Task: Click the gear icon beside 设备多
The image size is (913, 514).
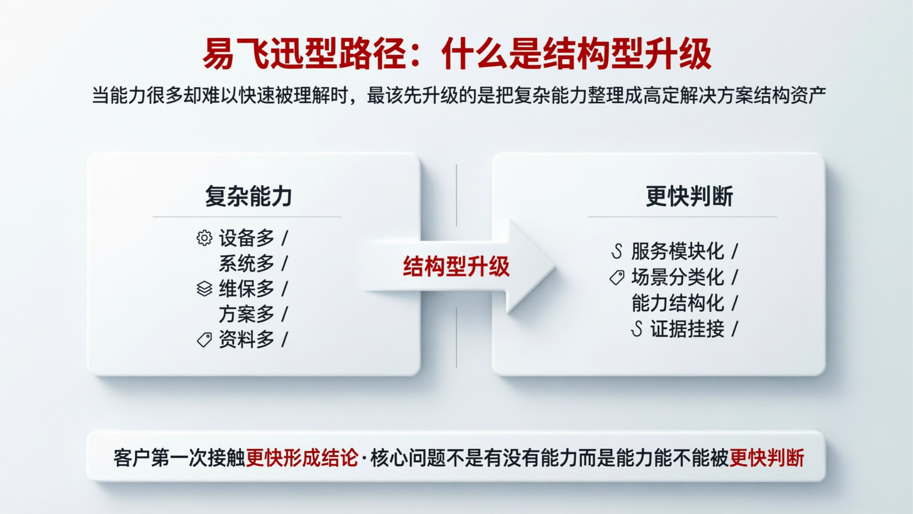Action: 204,238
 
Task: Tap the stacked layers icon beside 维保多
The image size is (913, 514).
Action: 204,289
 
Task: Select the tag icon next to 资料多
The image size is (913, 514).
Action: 204,340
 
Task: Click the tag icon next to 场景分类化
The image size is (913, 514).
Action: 617,277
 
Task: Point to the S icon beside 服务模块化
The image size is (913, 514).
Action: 617,251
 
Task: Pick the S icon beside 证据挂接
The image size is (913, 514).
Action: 637,329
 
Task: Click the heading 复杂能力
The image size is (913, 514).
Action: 248,196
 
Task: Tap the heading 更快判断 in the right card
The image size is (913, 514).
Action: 689,196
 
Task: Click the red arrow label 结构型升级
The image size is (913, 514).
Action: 456,266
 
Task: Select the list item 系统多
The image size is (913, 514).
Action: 246,264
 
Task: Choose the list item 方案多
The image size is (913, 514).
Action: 246,314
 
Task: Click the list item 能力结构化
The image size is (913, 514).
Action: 678,303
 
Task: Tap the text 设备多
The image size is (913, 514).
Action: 246,238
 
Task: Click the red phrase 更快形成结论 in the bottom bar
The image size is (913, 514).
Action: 302,457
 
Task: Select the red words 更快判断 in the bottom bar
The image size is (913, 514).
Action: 767,457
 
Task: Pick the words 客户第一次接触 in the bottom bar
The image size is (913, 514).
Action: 179,457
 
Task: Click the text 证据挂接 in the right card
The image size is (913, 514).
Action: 687,329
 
